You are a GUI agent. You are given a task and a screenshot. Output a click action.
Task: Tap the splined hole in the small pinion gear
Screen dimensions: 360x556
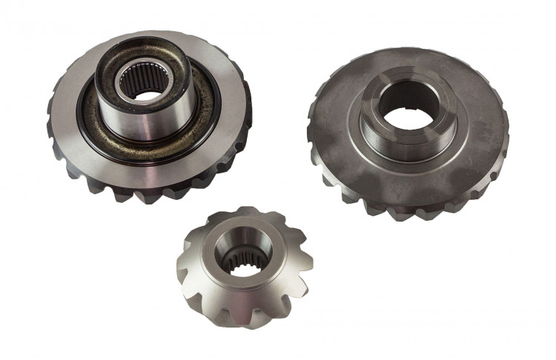click(239, 259)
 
